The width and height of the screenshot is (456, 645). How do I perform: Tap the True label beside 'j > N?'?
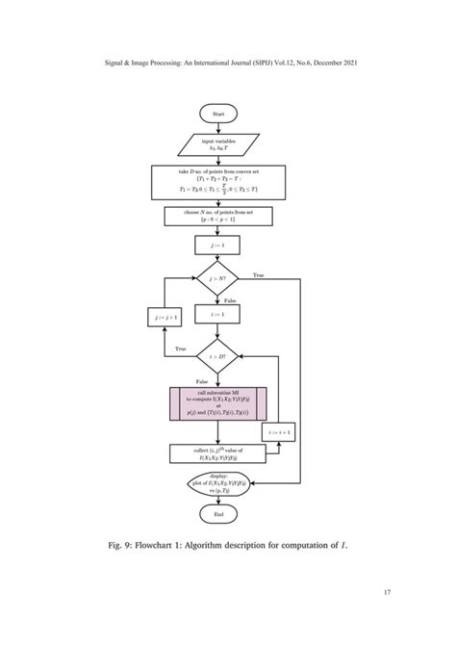pyautogui.click(x=258, y=275)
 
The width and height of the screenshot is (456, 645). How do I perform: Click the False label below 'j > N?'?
pyautogui.click(x=230, y=299)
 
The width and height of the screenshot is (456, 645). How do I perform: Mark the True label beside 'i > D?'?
pyautogui.click(x=179, y=348)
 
